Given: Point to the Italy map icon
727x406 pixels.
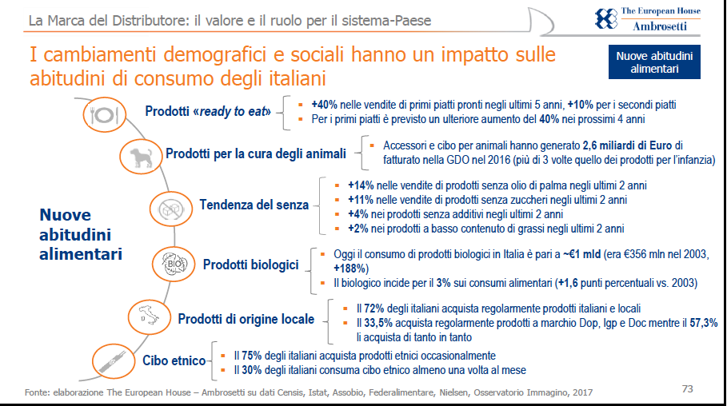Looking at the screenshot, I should click(146, 317).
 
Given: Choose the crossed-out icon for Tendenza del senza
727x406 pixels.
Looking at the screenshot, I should click(170, 209).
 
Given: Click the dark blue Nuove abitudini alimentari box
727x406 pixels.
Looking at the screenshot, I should click(654, 62).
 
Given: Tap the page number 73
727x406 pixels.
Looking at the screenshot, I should click(687, 389).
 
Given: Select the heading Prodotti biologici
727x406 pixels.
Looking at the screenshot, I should click(250, 265).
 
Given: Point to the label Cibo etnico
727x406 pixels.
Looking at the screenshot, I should click(174, 361).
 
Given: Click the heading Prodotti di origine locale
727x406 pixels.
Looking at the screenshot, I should click(246, 319).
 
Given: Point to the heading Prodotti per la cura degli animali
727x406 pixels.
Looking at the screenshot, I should click(256, 153).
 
